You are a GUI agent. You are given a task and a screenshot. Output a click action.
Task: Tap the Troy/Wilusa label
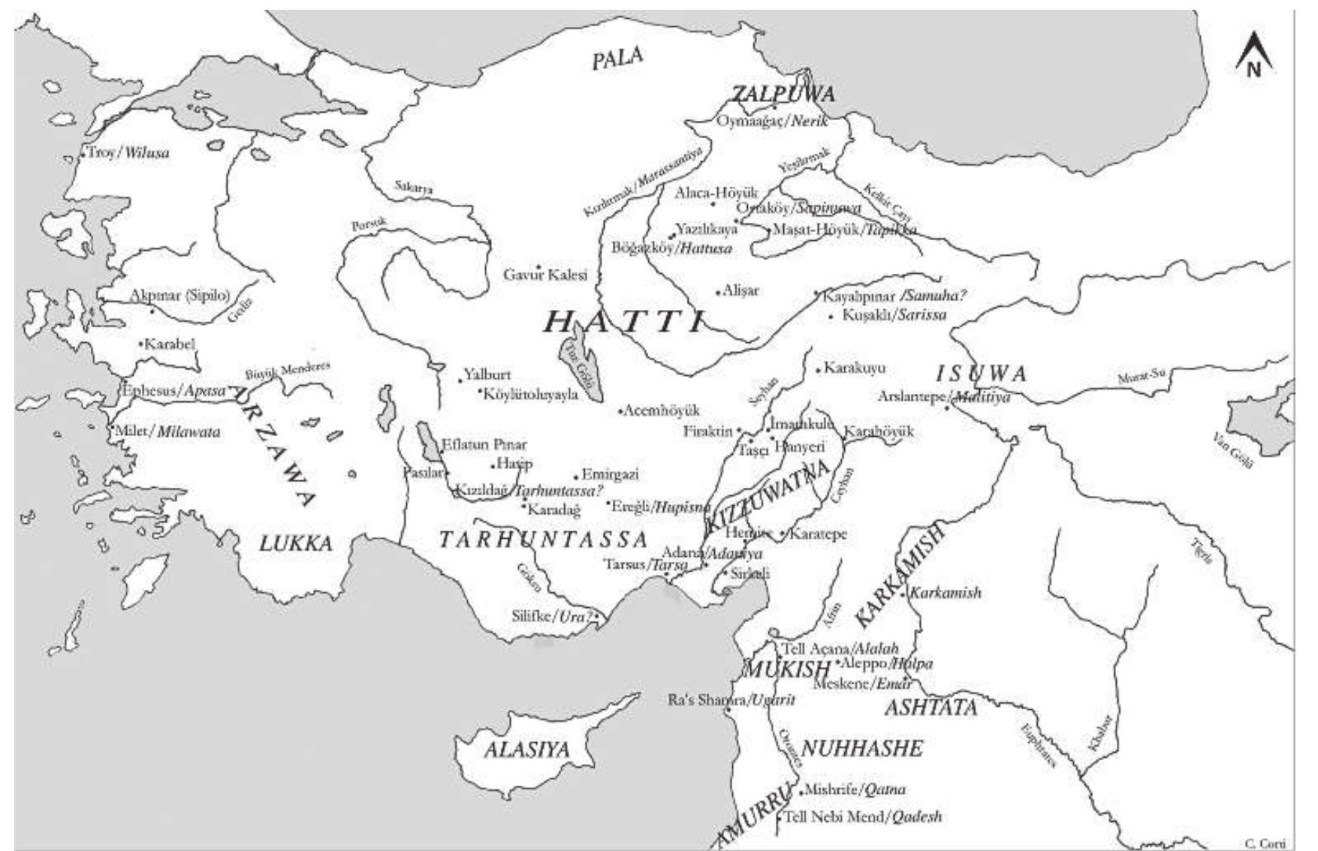(x=128, y=153)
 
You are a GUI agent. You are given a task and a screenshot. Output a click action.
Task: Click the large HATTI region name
(x=623, y=322)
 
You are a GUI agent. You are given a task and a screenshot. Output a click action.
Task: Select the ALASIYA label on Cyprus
(x=526, y=749)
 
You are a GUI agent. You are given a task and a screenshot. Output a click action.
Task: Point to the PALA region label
(x=617, y=59)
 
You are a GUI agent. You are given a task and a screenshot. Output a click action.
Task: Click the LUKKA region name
(x=295, y=543)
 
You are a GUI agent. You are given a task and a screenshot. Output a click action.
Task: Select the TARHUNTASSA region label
(x=543, y=540)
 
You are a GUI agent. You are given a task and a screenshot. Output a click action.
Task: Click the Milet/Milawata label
(x=167, y=432)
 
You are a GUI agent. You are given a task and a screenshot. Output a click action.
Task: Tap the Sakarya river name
(x=414, y=188)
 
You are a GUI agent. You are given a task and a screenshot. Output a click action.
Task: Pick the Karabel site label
(x=169, y=344)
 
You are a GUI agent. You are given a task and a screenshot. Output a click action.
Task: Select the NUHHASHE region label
(x=861, y=748)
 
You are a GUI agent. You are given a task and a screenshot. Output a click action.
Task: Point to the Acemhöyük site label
(x=662, y=410)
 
